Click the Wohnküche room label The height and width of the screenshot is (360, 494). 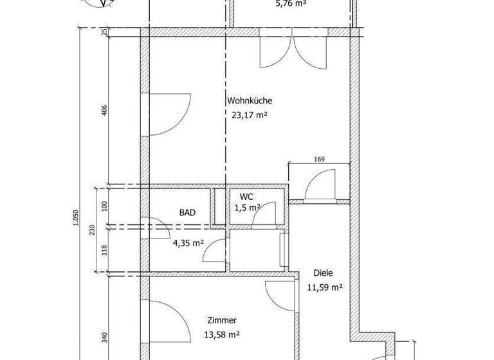click(x=250, y=101)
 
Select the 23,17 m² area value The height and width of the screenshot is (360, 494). click(x=250, y=116)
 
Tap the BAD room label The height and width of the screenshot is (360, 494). click(x=187, y=213)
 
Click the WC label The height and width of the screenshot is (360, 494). click(x=246, y=197)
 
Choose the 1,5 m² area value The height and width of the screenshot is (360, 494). click(x=248, y=208)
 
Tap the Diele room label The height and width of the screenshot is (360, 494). click(x=324, y=273)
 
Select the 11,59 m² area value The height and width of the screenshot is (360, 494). click(x=324, y=287)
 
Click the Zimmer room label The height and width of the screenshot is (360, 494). click(x=223, y=320)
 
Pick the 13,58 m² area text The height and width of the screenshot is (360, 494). click(x=222, y=334)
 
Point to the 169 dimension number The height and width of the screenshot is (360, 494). click(x=319, y=159)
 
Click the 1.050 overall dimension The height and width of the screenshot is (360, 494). click(x=77, y=220)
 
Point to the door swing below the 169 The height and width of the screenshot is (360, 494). click(x=320, y=185)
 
